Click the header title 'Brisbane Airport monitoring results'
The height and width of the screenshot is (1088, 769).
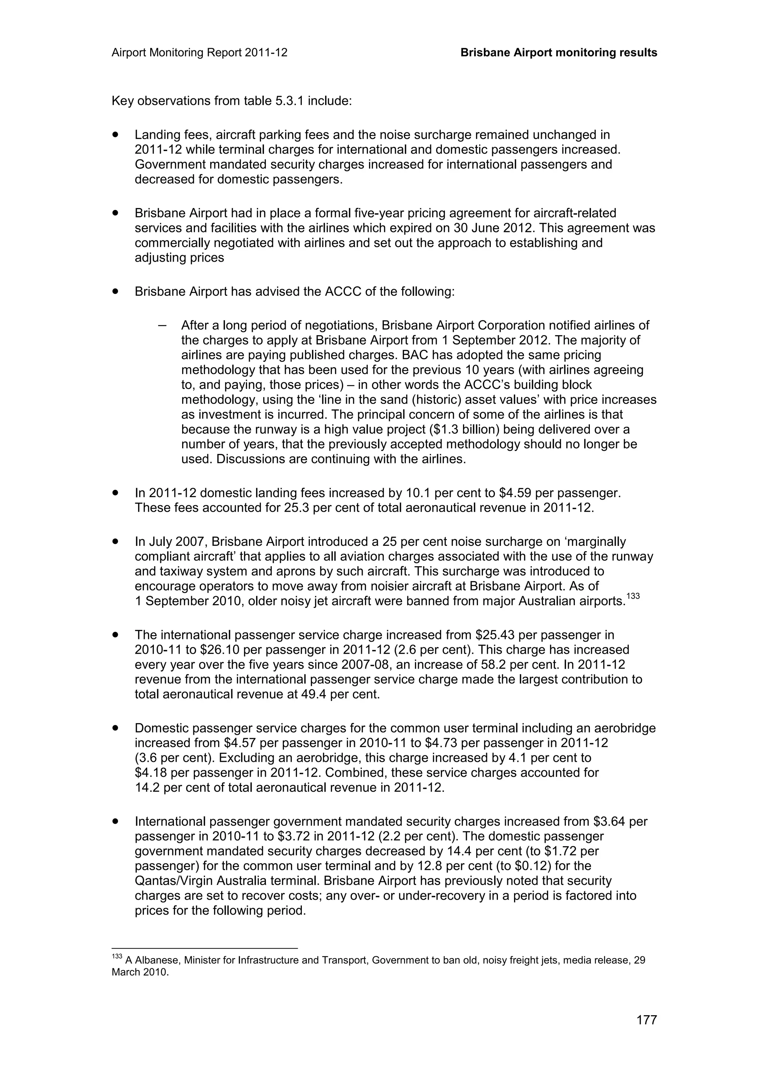[559, 53]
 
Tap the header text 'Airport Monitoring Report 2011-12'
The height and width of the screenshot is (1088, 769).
[199, 53]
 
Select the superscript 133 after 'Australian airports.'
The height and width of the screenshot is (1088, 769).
[633, 597]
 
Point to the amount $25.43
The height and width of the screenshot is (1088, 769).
[492, 634]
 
